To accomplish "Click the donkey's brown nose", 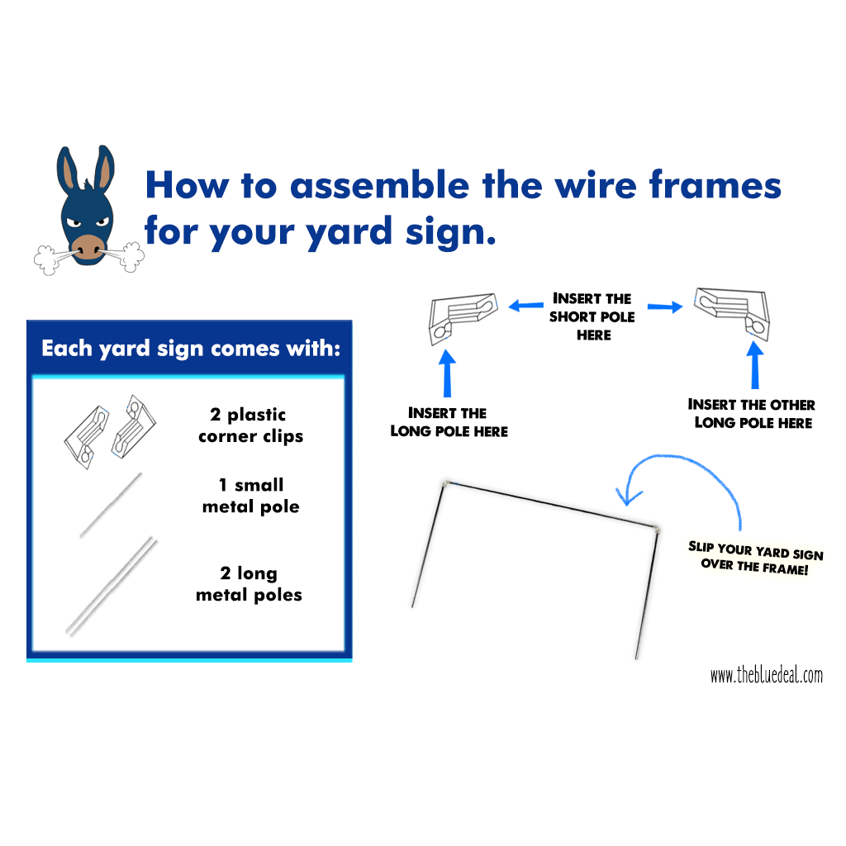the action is pos(88,248).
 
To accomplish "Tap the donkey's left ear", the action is pos(68,170).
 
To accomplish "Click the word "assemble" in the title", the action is pos(380,185).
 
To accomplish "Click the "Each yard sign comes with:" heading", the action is pos(191,349).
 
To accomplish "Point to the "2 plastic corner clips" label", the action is pos(251,425).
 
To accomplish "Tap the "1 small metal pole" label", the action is pos(251,496).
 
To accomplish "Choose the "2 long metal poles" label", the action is pos(249,583).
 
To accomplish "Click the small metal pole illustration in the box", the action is pos(111,506).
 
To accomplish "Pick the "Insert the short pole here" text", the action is pos(592,316).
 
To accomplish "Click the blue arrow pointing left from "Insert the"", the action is pos(526,306).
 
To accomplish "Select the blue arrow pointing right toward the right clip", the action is pos(665,307).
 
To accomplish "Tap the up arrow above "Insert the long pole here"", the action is pos(447,373).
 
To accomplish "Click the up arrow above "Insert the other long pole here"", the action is pos(755,365).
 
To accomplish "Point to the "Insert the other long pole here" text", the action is pos(752,414).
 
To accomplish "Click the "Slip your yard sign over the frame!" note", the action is pos(755,558).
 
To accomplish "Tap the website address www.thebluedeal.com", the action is pos(766,674).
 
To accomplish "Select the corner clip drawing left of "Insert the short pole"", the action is pos(463,317).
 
